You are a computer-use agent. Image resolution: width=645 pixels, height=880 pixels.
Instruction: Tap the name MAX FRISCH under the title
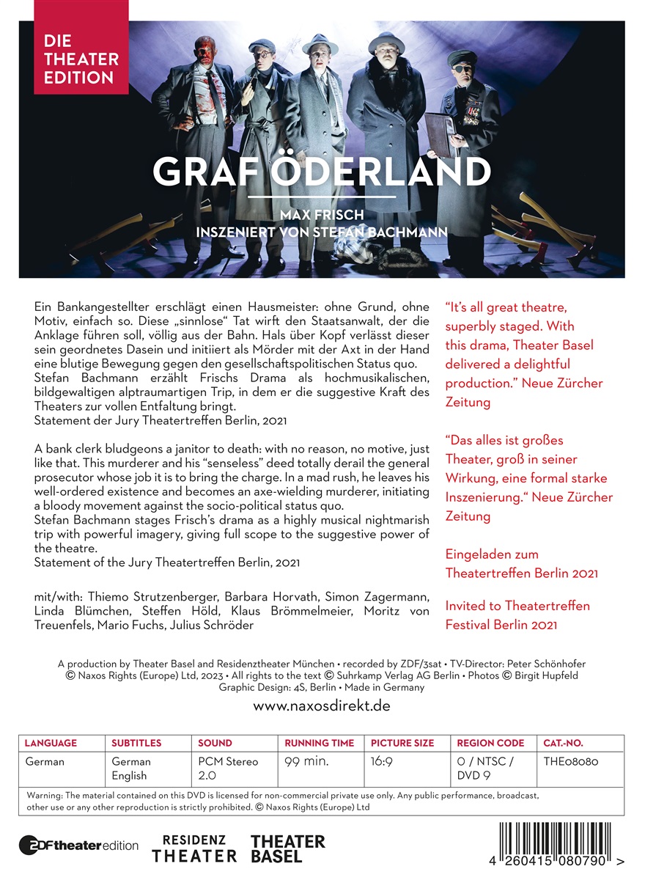(322, 216)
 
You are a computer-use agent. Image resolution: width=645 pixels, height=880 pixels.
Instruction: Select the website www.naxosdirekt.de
(322, 706)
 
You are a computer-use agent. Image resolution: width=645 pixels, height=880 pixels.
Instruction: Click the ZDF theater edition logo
(78, 845)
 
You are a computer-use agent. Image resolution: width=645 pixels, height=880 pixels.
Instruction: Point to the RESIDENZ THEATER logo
(194, 848)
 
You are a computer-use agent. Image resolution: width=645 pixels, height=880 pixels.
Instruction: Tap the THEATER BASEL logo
(287, 848)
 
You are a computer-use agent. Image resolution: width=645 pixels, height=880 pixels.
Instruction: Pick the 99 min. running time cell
(307, 761)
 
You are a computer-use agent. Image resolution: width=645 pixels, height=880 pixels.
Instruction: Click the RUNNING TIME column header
(319, 743)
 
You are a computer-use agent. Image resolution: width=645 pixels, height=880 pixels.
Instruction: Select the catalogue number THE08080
(571, 761)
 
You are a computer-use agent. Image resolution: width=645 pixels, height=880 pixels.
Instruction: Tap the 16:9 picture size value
(382, 761)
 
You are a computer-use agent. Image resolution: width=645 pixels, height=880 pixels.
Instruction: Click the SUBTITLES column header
(136, 743)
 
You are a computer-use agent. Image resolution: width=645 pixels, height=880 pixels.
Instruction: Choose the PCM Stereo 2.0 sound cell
(228, 769)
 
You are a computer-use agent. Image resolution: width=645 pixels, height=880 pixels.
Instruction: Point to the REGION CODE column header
(490, 743)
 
